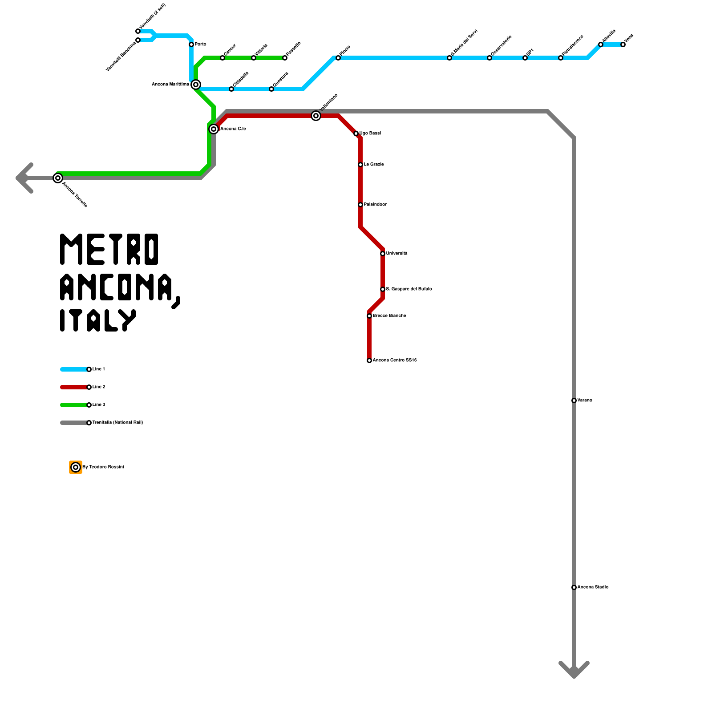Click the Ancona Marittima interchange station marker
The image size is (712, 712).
pyautogui.click(x=196, y=85)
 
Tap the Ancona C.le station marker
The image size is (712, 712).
pyautogui.click(x=214, y=129)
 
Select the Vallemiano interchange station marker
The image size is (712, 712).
pyautogui.click(x=316, y=116)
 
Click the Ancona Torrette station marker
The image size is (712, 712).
pyautogui.click(x=58, y=178)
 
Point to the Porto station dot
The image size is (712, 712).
pyautogui.click(x=191, y=44)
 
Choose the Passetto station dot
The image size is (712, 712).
pyautogui.click(x=285, y=58)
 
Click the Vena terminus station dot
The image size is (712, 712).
pyautogui.click(x=623, y=44)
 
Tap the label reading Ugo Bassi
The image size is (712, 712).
pyautogui.click(x=370, y=133)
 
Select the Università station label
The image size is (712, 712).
pyautogui.click(x=396, y=253)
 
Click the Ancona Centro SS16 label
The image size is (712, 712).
pyautogui.click(x=395, y=360)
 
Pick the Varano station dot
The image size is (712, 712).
pyautogui.click(x=574, y=400)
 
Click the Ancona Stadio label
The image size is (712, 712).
pyautogui.click(x=593, y=587)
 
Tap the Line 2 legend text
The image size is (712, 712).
pyautogui.click(x=99, y=387)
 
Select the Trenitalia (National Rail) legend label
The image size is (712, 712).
pyautogui.click(x=117, y=422)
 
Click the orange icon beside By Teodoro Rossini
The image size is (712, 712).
pyautogui.click(x=76, y=467)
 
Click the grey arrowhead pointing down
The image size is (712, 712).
pyautogui.click(x=574, y=670)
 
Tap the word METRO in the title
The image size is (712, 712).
pyautogui.click(x=109, y=249)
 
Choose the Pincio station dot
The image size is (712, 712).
pyautogui.click(x=338, y=58)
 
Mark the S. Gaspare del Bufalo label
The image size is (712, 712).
pyautogui.click(x=409, y=289)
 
